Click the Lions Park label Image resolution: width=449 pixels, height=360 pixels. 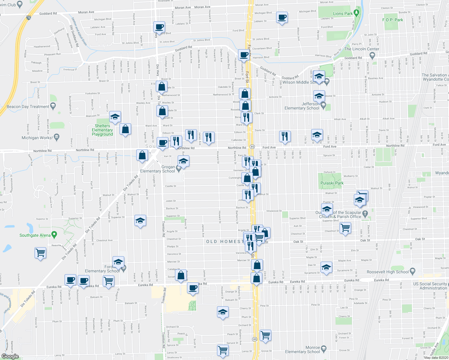click(x=343, y=13)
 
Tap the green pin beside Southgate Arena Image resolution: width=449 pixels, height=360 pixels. click(x=54, y=235)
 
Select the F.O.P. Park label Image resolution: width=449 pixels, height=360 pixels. click(x=393, y=20)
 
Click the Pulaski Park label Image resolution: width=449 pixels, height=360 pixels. click(x=332, y=183)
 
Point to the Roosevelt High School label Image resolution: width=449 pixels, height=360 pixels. click(x=387, y=272)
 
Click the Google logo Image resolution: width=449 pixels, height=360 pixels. click(x=10, y=356)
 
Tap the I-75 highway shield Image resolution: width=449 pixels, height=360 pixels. click(x=29, y=17)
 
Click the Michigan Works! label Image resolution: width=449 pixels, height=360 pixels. click(x=37, y=138)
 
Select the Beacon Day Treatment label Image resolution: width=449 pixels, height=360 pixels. click(x=28, y=106)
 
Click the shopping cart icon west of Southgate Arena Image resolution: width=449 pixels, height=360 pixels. click(x=40, y=252)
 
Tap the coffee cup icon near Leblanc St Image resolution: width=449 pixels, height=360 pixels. click(x=282, y=17)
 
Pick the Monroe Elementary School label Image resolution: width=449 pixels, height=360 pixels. click(x=302, y=349)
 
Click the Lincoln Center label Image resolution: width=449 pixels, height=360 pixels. click(x=362, y=49)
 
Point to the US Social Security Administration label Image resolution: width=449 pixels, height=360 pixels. click(x=430, y=286)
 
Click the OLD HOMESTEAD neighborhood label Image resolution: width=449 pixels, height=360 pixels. click(x=225, y=241)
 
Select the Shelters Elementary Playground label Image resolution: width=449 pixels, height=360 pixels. click(x=102, y=130)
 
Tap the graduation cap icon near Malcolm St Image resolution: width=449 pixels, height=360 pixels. click(x=115, y=117)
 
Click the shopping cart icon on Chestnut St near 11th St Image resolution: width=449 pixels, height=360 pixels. click(x=345, y=228)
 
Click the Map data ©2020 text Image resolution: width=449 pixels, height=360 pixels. click(x=435, y=357)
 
